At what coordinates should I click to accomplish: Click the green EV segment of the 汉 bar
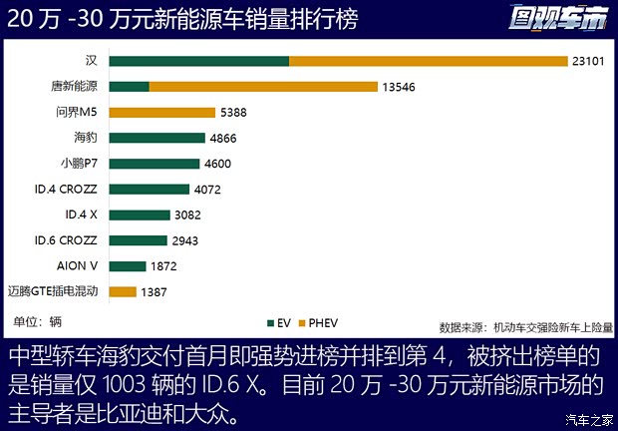199,61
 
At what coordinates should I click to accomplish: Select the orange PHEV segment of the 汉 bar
428,61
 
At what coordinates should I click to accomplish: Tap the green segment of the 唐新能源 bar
129,87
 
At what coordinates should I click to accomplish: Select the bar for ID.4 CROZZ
149,189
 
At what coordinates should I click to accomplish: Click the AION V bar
128,265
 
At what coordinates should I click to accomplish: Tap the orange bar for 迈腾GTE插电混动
123,291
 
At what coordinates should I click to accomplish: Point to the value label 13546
398,87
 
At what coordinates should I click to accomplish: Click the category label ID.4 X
81,215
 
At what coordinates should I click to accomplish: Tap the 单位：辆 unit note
38,321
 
